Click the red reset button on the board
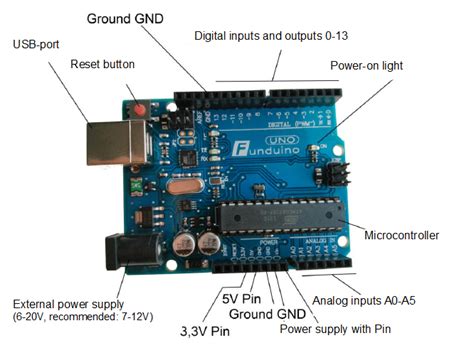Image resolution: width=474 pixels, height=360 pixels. click(140, 107)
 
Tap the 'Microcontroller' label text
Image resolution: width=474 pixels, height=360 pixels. click(402, 236)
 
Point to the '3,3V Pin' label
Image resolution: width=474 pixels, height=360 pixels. click(211, 330)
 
